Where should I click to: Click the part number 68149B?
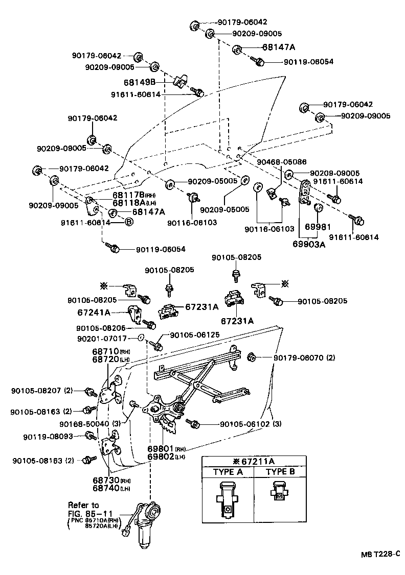click(x=150, y=82)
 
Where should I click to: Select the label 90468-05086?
click(x=278, y=162)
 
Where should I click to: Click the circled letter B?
click(x=129, y=222)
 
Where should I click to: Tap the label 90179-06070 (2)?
click(x=304, y=357)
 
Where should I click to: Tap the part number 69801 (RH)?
click(x=159, y=449)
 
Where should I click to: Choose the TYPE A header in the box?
click(x=228, y=472)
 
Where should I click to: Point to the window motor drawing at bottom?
click(x=147, y=523)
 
